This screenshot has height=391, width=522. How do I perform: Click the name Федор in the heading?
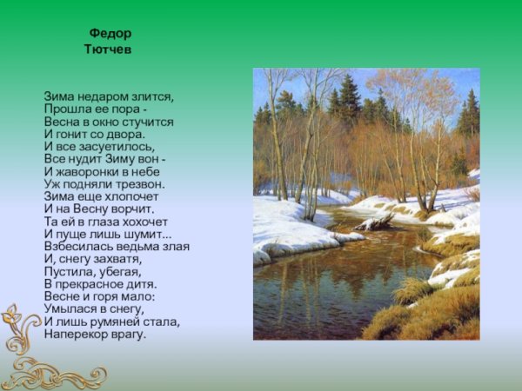(x=110, y=34)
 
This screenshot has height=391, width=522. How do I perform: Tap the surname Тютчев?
(x=108, y=50)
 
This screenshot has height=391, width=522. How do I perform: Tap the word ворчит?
(x=131, y=209)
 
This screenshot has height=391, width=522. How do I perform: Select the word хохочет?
(x=141, y=222)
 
